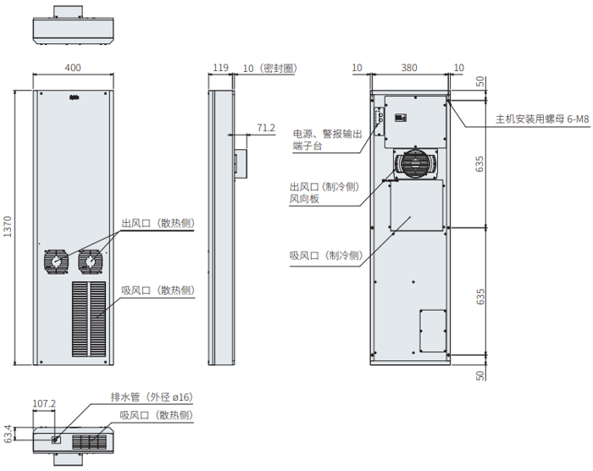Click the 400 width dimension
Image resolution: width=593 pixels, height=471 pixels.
(x=73, y=68)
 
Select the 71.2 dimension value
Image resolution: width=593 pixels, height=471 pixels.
(x=265, y=128)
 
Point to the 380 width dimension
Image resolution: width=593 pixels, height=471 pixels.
(x=409, y=68)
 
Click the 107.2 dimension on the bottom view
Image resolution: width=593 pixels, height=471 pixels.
(x=43, y=403)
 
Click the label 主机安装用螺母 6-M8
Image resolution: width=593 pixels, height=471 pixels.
(x=541, y=120)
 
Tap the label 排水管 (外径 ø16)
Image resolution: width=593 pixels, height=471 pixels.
(x=152, y=396)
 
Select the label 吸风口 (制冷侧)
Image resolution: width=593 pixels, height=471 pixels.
(x=325, y=256)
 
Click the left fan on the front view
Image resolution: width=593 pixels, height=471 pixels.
(x=56, y=262)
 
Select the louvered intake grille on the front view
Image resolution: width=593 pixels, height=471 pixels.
(x=88, y=318)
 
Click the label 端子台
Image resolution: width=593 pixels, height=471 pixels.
(x=308, y=147)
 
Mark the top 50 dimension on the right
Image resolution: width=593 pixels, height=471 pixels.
(x=480, y=82)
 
